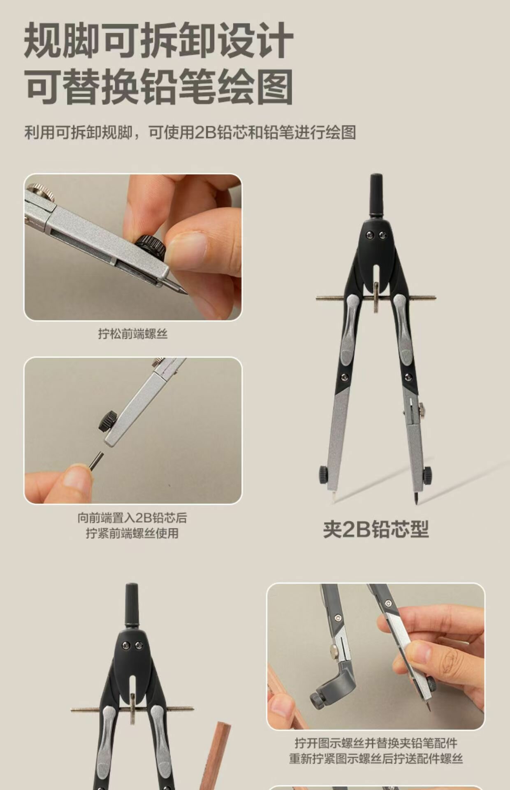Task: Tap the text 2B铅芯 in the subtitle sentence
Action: pyautogui.click(x=217, y=132)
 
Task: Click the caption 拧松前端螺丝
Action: pyautogui.click(x=133, y=334)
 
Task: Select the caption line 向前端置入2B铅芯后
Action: pyautogui.click(x=132, y=518)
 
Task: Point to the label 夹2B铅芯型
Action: pyautogui.click(x=376, y=529)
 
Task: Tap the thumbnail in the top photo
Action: pyautogui.click(x=187, y=249)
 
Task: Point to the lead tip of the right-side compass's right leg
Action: pyautogui.click(x=417, y=498)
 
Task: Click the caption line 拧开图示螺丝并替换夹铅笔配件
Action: pyautogui.click(x=376, y=743)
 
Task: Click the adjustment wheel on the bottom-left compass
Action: pyautogui.click(x=132, y=709)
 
